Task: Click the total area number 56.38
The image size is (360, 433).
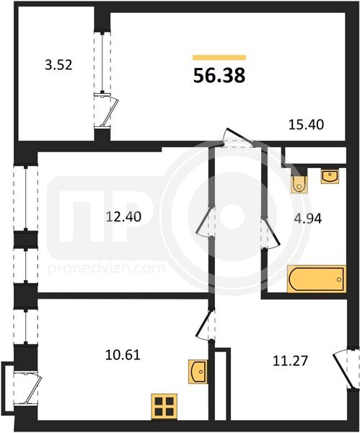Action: point(219,75)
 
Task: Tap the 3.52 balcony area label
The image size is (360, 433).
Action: point(58,65)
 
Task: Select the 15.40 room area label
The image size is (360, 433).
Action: point(306,125)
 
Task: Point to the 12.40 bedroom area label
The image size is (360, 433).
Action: point(123,216)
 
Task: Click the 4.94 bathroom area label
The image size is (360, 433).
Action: point(308,219)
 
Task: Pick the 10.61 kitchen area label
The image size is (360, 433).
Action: point(123,354)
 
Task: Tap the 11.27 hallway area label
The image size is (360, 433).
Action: point(290,361)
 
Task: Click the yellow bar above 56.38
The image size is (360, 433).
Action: point(219,57)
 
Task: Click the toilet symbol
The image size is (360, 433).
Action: point(299,184)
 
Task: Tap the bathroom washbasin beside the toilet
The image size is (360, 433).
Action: point(330,177)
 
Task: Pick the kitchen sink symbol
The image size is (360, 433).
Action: point(198,372)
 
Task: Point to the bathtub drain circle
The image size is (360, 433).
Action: point(339,279)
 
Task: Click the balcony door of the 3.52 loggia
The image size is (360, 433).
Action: point(106,110)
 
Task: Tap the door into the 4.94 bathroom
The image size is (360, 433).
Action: point(271,233)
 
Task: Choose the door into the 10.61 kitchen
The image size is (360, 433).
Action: point(205,325)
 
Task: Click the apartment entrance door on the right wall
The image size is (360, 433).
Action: point(344,369)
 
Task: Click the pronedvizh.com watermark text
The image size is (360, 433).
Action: point(107,268)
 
